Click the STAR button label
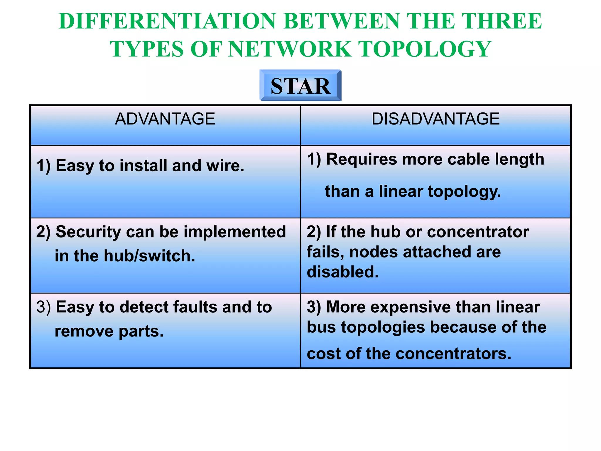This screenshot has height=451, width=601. (300, 86)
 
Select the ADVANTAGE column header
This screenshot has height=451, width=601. (165, 119)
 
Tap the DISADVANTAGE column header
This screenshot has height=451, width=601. (435, 119)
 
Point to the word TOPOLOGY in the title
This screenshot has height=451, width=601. (425, 49)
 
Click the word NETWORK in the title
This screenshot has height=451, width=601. (290, 49)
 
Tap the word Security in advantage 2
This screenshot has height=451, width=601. (88, 232)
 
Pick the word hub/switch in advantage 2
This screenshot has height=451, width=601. (150, 256)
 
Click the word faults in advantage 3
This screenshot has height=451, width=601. (195, 307)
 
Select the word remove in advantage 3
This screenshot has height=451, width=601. (84, 331)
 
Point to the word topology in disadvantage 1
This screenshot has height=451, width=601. (464, 192)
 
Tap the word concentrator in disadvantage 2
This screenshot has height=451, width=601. (478, 232)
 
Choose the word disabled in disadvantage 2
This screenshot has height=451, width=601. (342, 272)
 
